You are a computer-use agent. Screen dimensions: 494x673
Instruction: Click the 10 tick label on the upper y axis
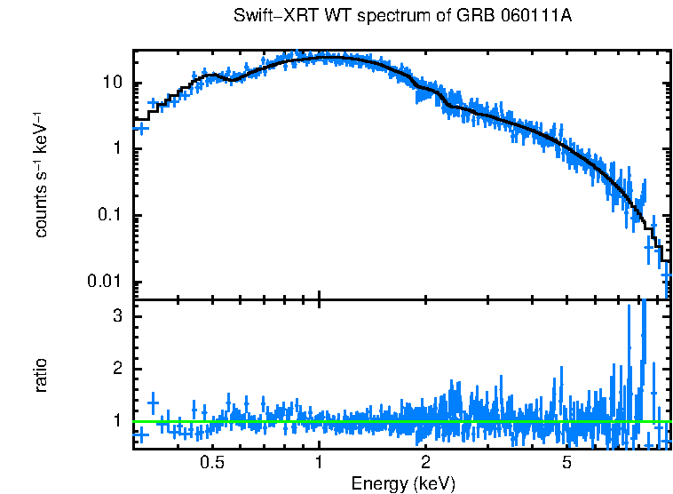[111, 84]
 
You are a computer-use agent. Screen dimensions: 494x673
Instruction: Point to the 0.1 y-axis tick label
[108, 216]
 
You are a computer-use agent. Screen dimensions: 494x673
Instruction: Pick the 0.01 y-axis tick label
[105, 283]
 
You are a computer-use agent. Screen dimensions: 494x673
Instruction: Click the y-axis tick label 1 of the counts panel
[116, 149]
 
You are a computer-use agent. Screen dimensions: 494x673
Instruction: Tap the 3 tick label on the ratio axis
[116, 316]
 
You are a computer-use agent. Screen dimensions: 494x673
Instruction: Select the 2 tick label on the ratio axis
[116, 369]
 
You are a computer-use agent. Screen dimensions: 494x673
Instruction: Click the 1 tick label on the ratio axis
[116, 420]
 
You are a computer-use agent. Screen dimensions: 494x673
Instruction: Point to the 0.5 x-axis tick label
[211, 464]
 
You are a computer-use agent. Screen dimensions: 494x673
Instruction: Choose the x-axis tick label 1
[320, 464]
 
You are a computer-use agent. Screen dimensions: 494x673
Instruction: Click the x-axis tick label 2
[426, 464]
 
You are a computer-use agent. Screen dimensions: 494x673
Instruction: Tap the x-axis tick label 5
[567, 464]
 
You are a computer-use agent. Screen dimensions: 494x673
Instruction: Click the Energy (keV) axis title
[403, 483]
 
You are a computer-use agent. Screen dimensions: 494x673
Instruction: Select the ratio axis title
[42, 375]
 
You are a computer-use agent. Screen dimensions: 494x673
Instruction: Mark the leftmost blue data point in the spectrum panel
[140, 128]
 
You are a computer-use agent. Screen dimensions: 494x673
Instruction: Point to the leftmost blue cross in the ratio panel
[140, 434]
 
